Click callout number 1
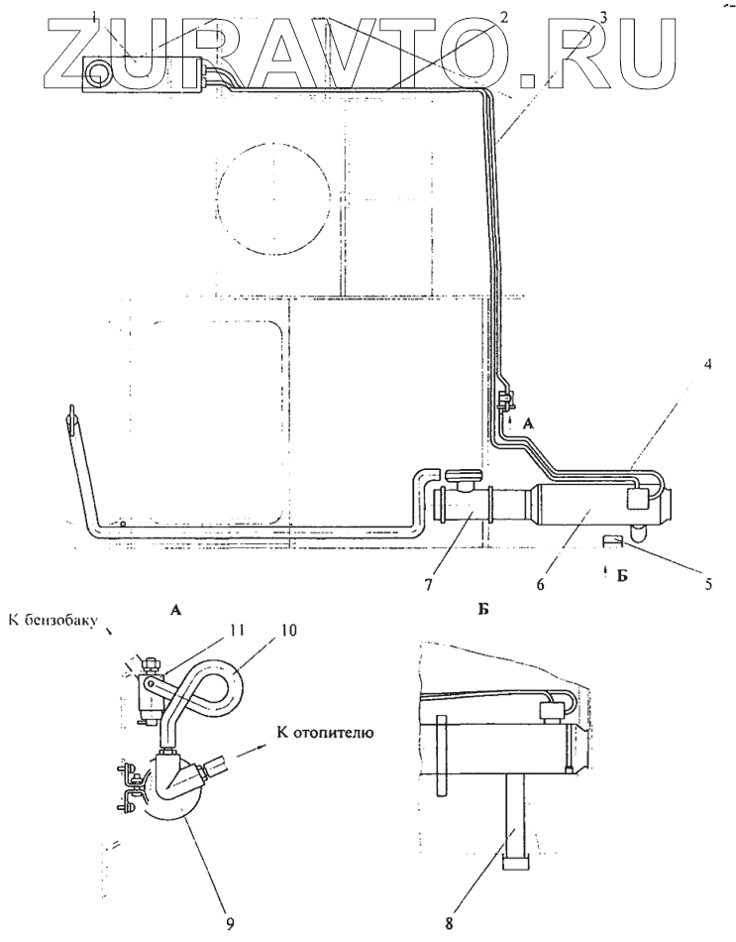point(121,17)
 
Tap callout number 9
point(230,924)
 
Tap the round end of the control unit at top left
point(98,73)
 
